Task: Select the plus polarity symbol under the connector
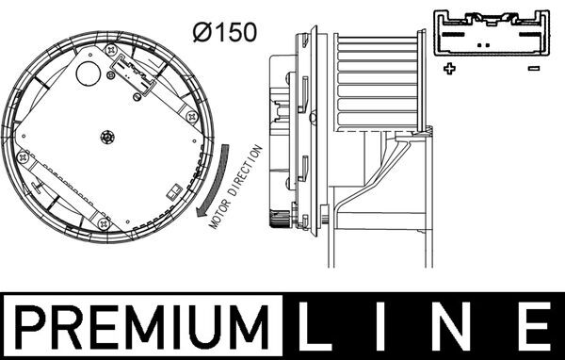coord(449,68)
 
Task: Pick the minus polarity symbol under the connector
coord(533,68)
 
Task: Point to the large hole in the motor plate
coord(91,71)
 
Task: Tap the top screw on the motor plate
coord(113,48)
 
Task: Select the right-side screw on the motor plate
coord(191,117)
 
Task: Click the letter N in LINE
coord(460,327)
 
